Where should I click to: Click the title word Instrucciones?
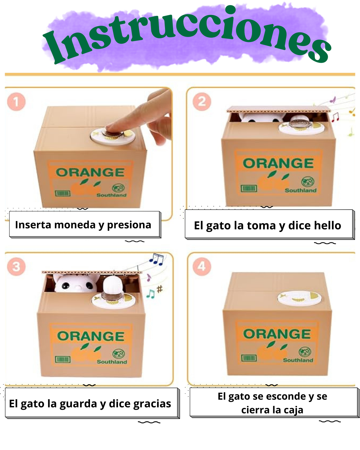[187, 35]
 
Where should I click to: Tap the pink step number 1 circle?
[16, 102]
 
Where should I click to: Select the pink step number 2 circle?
[202, 102]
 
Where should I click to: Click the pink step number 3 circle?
[16, 266]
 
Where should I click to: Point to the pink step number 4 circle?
[202, 266]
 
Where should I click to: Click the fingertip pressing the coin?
[112, 128]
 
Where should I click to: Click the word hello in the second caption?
[325, 226]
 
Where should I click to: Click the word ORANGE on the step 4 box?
[277, 334]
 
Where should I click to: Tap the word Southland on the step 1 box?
[111, 195]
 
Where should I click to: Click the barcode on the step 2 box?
[249, 189]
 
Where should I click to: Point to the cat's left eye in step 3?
[66, 285]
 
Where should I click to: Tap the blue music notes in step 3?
[156, 259]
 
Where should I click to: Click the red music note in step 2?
[335, 117]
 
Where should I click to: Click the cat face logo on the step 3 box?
[118, 354]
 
